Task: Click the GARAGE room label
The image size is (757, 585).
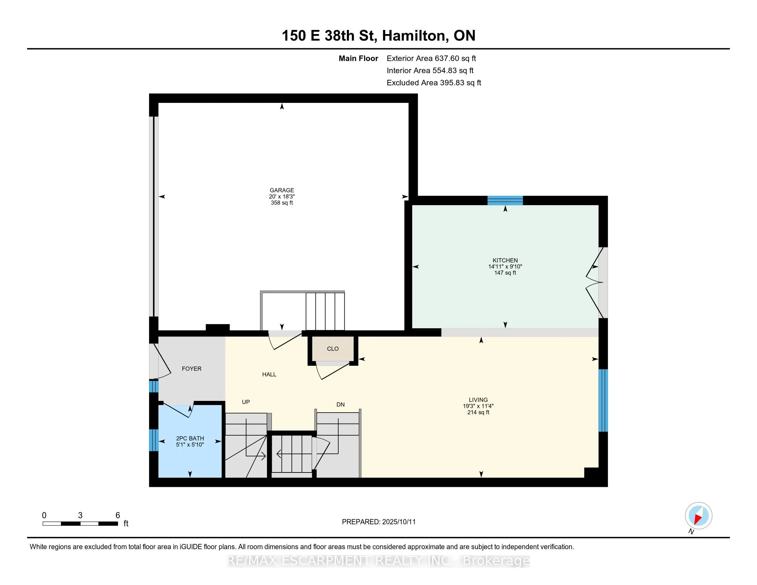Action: coord(282,190)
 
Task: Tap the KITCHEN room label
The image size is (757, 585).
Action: coord(505,260)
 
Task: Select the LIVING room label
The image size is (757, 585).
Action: coord(478,400)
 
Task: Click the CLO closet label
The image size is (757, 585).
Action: coord(333,349)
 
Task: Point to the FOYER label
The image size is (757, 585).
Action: coord(192,369)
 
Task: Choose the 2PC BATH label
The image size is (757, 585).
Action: coord(190,438)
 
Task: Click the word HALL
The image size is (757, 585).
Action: coord(269,374)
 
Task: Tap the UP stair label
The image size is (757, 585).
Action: coord(246,402)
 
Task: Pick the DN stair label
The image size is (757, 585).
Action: coord(340,404)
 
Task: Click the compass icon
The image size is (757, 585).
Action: coord(699,515)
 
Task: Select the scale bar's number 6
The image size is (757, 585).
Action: coord(117,515)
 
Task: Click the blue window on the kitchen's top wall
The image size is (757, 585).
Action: coord(505,200)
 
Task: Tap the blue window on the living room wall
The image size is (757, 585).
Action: coord(603,400)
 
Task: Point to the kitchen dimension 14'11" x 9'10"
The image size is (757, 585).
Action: coord(505,266)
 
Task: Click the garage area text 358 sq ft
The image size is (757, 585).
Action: coord(282,203)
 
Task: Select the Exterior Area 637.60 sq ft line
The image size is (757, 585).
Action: coord(431,58)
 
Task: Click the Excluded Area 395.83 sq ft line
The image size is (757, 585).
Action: coord(434,83)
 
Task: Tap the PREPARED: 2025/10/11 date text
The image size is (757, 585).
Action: coord(378,522)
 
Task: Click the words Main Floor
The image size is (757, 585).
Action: coord(359,58)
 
